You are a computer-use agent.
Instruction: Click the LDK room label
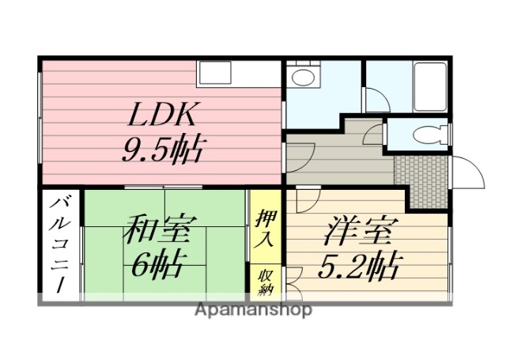coord(162,116)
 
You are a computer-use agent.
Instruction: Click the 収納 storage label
coord(263,280)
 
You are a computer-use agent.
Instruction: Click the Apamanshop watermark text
coord(252,309)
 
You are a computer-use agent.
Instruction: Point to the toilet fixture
coord(431,134)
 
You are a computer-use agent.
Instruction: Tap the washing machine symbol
coord(302,78)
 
